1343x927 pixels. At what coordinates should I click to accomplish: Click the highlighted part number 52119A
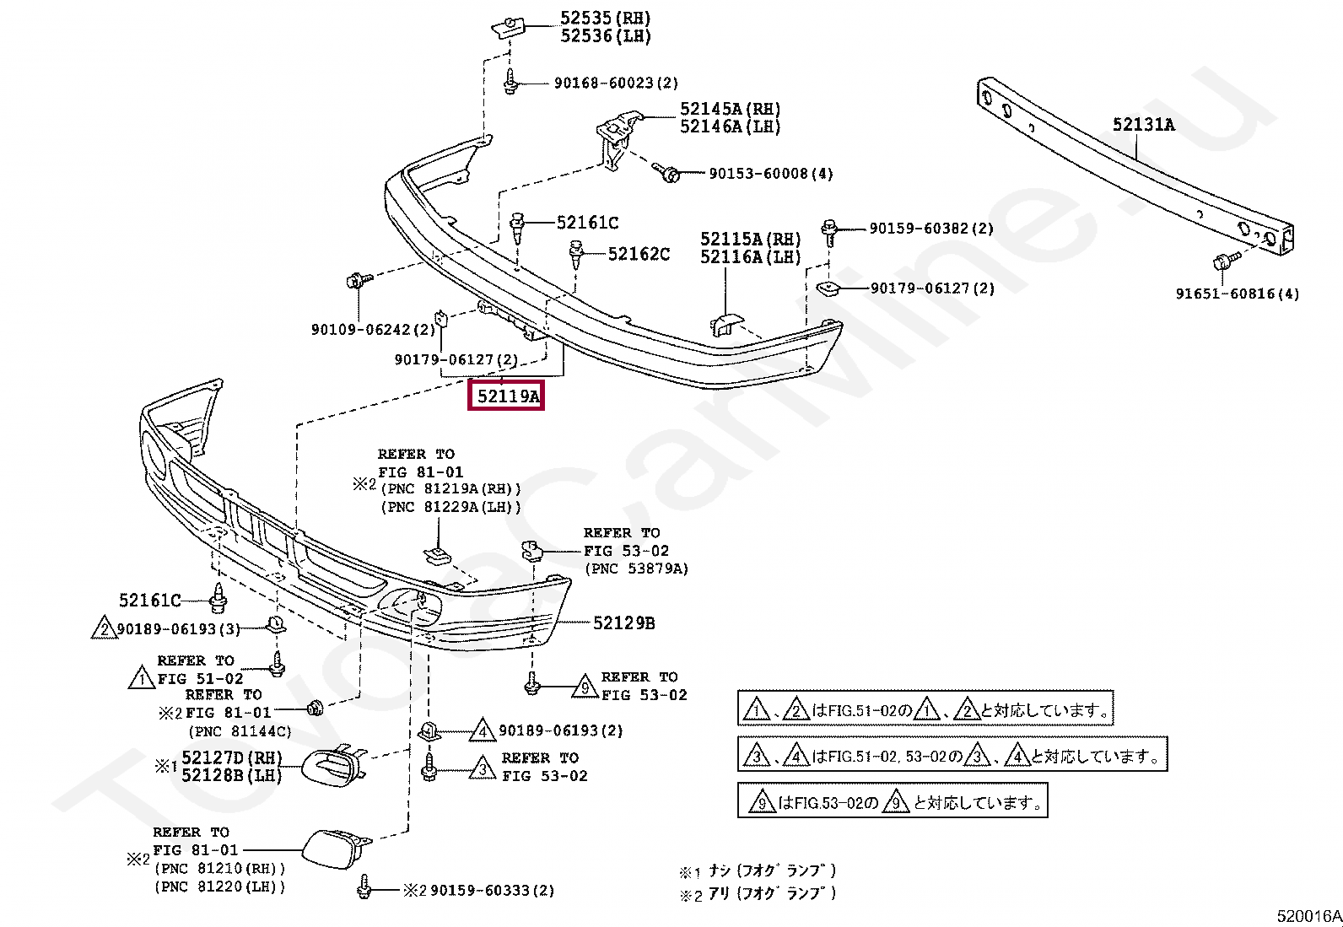tap(506, 396)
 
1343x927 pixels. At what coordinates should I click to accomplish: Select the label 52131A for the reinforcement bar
tap(1143, 125)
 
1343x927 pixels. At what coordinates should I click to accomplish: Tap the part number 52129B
tap(623, 623)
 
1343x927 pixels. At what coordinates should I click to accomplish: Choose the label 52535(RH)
tap(605, 18)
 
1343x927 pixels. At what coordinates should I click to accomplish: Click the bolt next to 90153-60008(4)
tap(671, 173)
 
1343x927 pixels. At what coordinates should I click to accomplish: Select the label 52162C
tap(639, 254)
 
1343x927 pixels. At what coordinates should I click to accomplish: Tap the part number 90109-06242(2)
tap(373, 330)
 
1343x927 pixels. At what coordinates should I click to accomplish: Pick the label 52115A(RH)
tap(750, 240)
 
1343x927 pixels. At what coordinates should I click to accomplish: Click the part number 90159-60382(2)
tap(931, 229)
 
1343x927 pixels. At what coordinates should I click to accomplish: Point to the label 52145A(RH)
tap(731, 109)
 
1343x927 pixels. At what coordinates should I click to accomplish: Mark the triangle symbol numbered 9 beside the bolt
tap(585, 687)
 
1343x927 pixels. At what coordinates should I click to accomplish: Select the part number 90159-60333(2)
tap(492, 890)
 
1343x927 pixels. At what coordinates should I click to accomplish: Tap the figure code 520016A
tap(1308, 915)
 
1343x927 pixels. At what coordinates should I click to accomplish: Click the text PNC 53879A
tap(637, 569)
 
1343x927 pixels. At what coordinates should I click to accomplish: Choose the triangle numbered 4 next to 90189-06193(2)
tap(483, 730)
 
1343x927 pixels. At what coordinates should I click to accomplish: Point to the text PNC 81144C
tap(240, 731)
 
